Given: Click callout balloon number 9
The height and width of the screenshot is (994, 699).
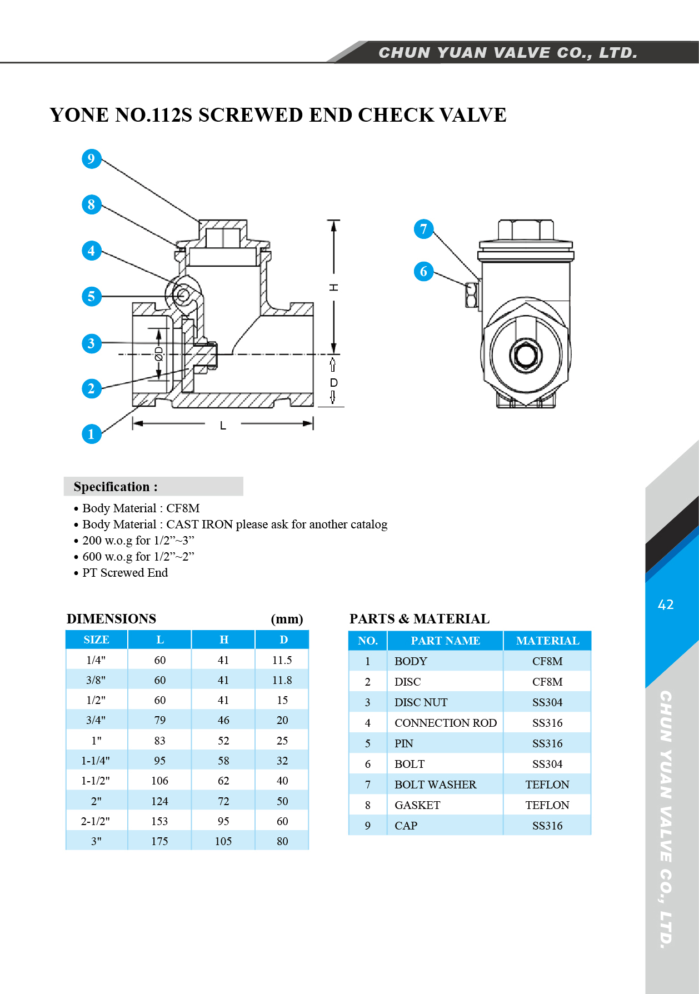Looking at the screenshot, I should pyautogui.click(x=91, y=159).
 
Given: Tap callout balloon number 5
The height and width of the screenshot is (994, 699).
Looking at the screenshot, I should pyautogui.click(x=91, y=296).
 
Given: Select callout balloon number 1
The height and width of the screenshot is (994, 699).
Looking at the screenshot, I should pyautogui.click(x=91, y=434).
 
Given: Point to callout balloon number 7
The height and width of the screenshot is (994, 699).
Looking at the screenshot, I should pyautogui.click(x=423, y=229).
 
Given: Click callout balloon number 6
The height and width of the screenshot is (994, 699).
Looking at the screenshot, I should pyautogui.click(x=423, y=271).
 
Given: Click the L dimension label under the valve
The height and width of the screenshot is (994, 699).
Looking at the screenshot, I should pyautogui.click(x=223, y=426).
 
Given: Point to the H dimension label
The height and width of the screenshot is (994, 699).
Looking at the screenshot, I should pyautogui.click(x=333, y=287).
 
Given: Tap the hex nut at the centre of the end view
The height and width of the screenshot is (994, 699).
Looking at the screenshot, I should pyautogui.click(x=526, y=354).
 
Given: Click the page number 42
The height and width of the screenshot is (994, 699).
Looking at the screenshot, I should pyautogui.click(x=666, y=605).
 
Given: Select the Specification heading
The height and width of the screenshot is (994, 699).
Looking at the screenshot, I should pyautogui.click(x=116, y=487).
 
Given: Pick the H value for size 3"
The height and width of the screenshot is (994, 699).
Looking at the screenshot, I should pyautogui.click(x=223, y=841).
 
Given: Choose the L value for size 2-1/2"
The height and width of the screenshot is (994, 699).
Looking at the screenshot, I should pyautogui.click(x=159, y=821).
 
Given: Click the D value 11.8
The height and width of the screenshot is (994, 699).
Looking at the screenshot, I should pyautogui.click(x=282, y=680).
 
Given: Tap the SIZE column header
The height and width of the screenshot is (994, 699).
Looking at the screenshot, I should pyautogui.click(x=96, y=640).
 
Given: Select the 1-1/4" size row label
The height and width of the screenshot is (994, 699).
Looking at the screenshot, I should pyautogui.click(x=96, y=761).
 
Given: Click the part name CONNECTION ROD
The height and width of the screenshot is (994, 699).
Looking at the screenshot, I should pyautogui.click(x=446, y=723).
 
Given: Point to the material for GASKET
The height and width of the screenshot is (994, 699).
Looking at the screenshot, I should pyautogui.click(x=547, y=805).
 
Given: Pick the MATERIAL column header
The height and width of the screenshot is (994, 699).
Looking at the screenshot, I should pyautogui.click(x=547, y=641).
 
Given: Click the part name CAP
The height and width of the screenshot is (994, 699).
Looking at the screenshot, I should pyautogui.click(x=406, y=826).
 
